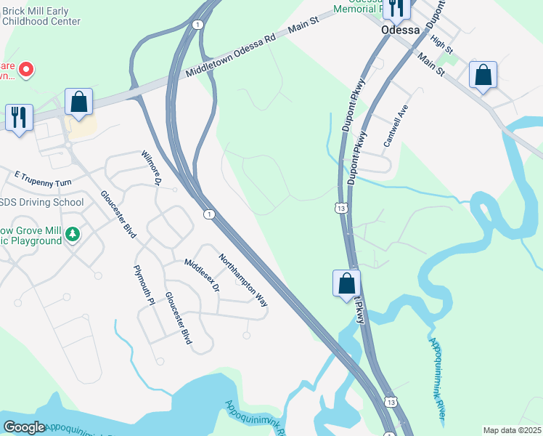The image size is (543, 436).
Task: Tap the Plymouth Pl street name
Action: (x=144, y=285)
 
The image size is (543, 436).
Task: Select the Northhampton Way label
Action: (x=243, y=280)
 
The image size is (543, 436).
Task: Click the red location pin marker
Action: (x=26, y=70)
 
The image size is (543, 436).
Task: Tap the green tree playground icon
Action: (x=72, y=234)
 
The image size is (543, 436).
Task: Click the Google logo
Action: (x=24, y=427)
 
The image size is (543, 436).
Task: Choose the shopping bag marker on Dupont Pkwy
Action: (x=347, y=283)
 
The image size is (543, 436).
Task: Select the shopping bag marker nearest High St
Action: (x=483, y=76)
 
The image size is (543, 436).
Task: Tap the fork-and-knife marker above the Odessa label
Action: (x=396, y=9)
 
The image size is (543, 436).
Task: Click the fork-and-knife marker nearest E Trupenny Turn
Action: (x=19, y=118)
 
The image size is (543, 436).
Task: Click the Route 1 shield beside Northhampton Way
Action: (x=209, y=214)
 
